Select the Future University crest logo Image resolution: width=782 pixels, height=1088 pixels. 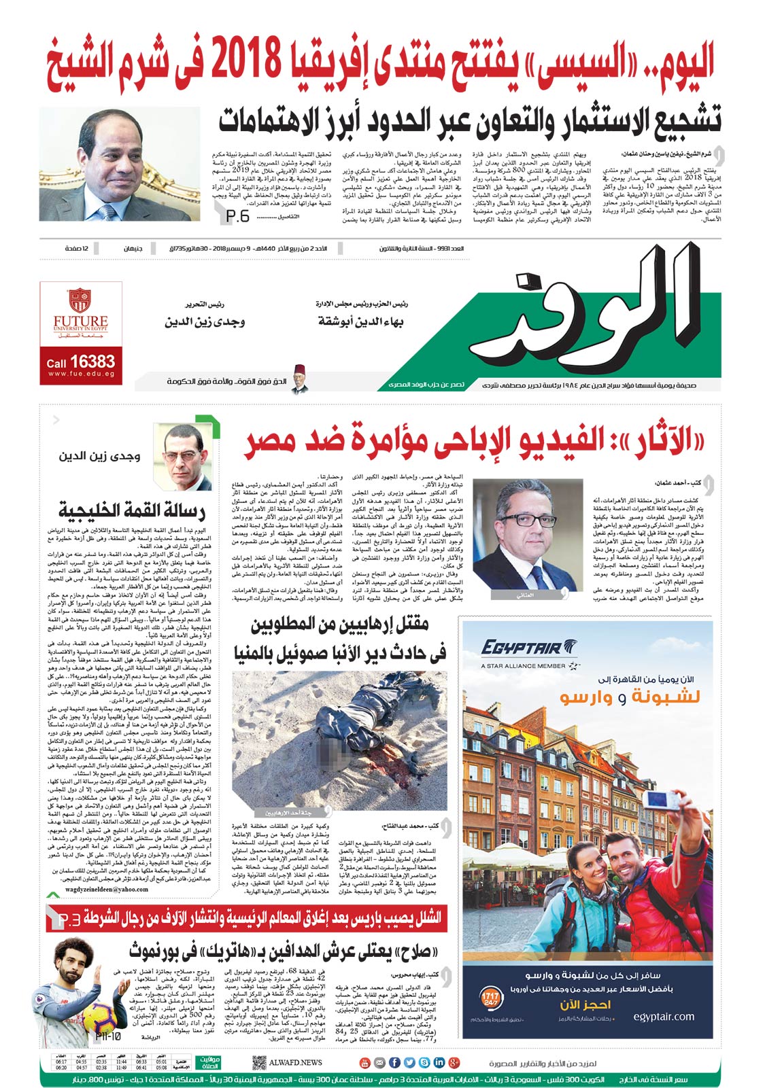[x=80, y=300]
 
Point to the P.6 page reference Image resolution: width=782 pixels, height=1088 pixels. [x=237, y=215]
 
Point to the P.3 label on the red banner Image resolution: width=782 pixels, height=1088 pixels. [x=69, y=919]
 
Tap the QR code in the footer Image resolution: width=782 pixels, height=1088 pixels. [x=258, y=1062]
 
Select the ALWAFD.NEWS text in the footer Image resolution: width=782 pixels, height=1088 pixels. [x=295, y=1062]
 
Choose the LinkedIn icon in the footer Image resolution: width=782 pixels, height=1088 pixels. [x=439, y=1062]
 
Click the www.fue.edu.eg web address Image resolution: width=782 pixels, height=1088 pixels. [x=80, y=374]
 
